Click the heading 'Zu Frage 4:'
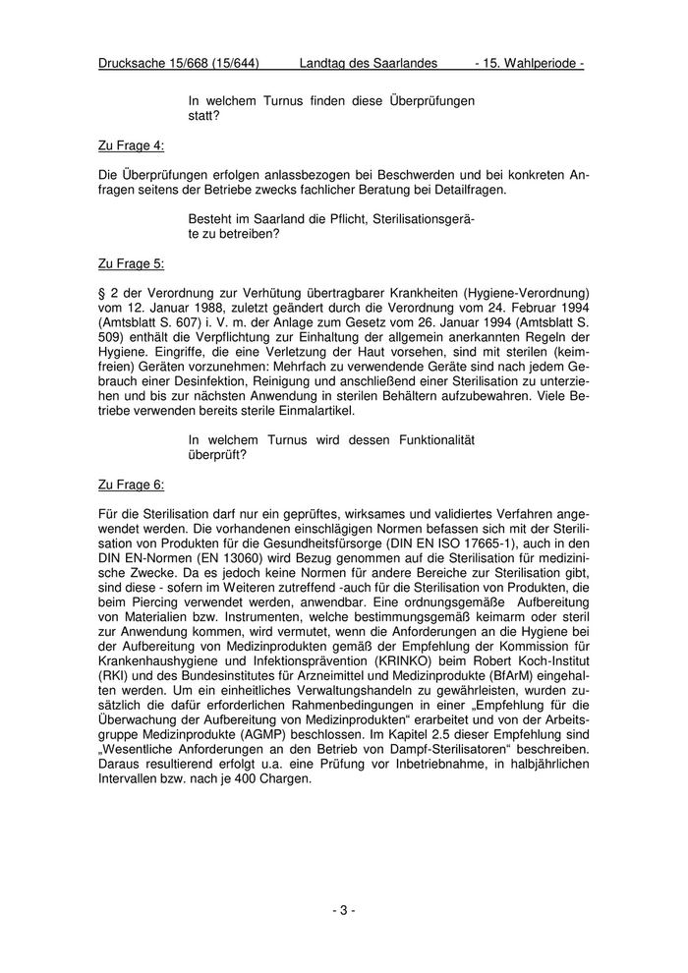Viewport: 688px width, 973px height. (131, 145)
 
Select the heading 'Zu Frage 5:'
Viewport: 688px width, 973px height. (131, 264)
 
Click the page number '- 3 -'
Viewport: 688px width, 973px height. (344, 910)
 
